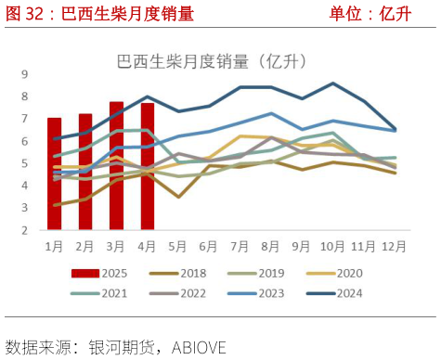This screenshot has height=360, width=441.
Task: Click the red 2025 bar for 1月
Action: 54,174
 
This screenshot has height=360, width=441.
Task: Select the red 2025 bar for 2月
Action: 85,172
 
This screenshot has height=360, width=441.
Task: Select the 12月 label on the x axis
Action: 395,246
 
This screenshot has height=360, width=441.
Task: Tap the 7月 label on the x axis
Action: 240,246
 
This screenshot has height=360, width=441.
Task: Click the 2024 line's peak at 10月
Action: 333,84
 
